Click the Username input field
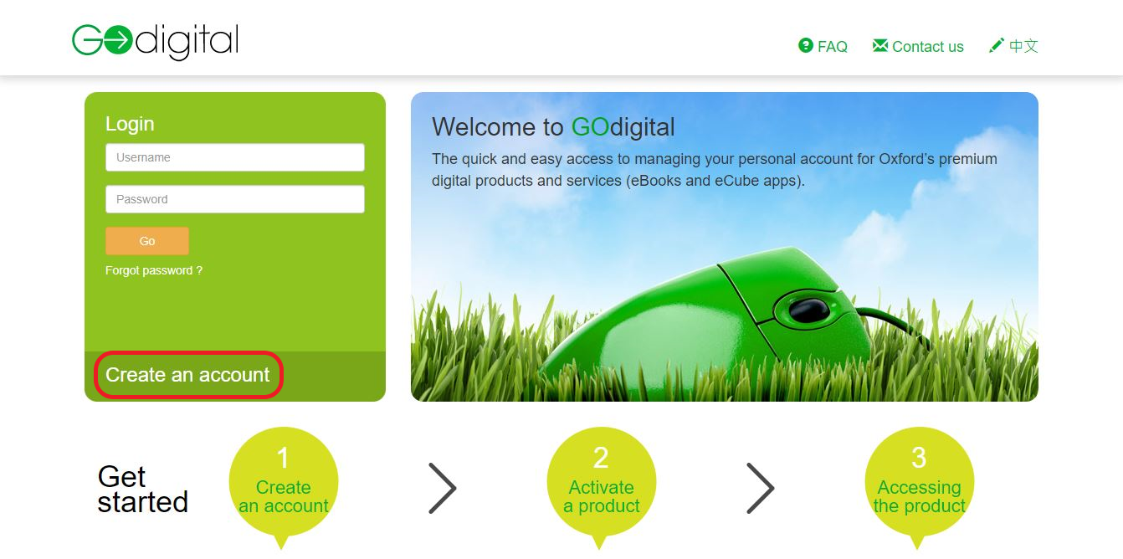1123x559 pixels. point(234,157)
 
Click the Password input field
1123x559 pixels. point(234,199)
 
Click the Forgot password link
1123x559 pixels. point(154,271)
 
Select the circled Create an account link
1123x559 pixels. point(187,375)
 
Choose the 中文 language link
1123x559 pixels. point(1023,46)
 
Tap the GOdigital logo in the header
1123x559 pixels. point(156,41)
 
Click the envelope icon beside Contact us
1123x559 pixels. point(879,46)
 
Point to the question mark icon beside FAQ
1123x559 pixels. point(806,46)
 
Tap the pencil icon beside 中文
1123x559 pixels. point(996,45)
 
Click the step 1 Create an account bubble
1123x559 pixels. point(283,484)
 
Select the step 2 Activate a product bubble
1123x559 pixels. point(601,484)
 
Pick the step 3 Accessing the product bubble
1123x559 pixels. point(919,484)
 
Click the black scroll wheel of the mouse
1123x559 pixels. point(808,310)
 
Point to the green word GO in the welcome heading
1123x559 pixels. point(590,127)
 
